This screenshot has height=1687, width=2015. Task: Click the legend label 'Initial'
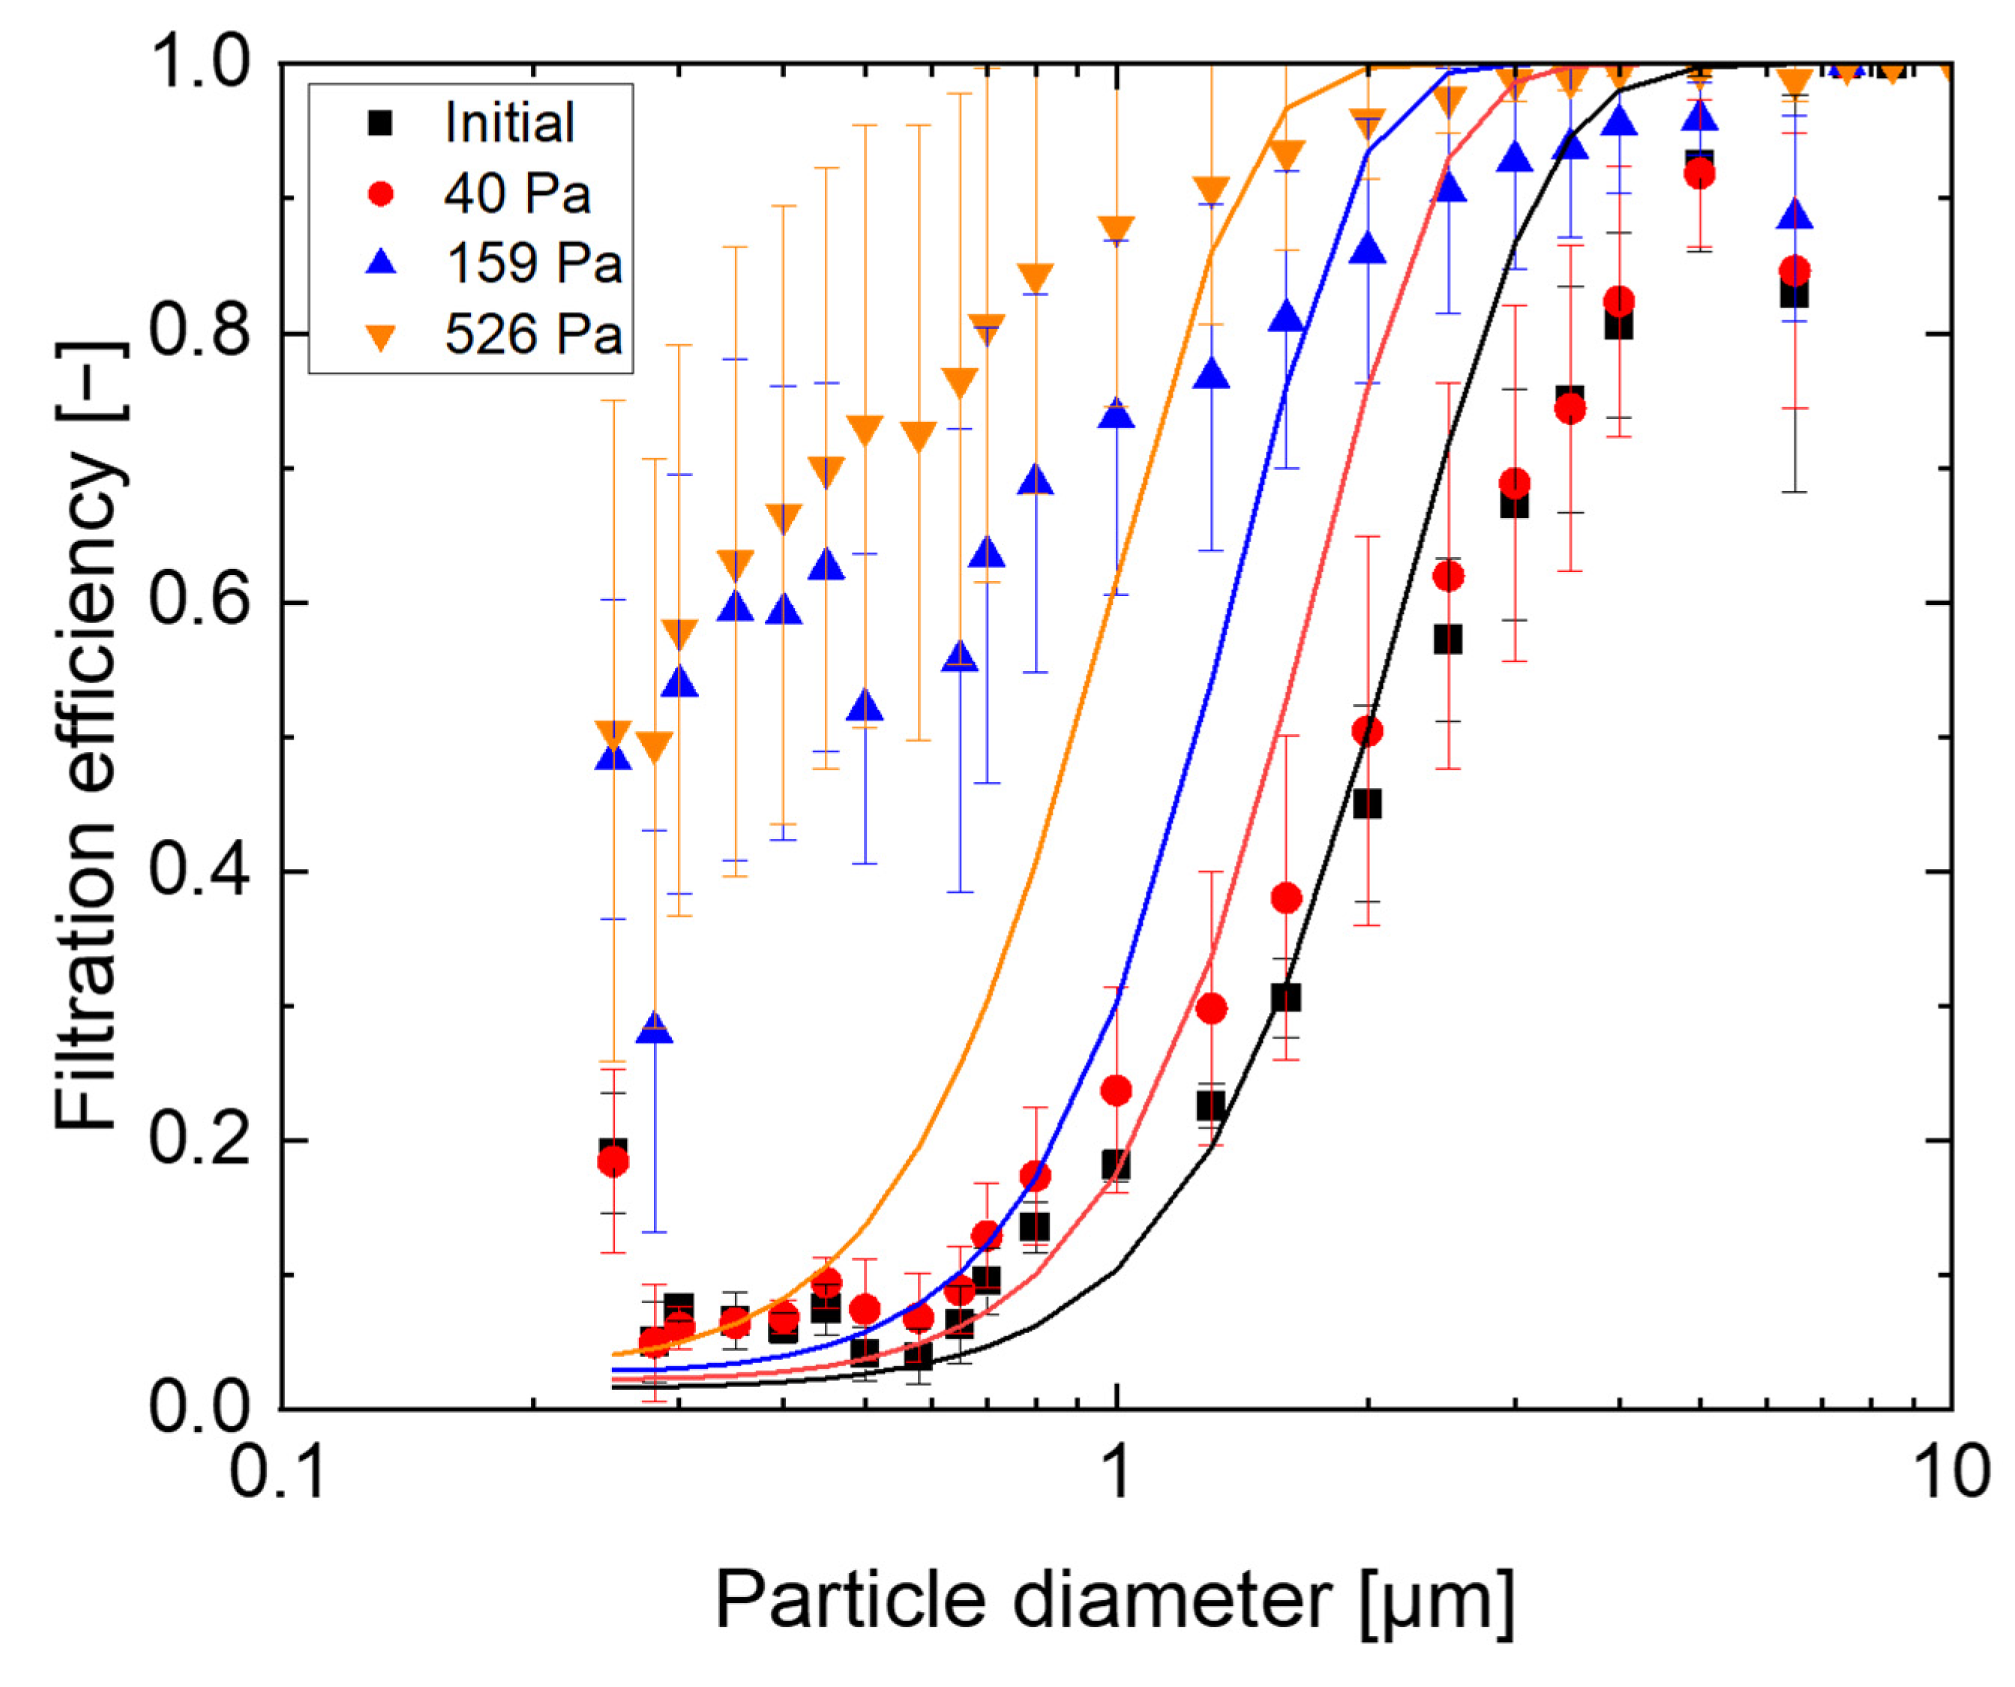(508, 123)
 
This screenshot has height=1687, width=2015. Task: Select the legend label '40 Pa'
(516, 194)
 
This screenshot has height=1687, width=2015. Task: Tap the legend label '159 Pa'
(533, 263)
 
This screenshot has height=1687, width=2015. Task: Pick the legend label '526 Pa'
(533, 335)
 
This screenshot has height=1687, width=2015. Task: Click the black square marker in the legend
(381, 123)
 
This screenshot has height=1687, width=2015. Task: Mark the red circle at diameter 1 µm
(1116, 1091)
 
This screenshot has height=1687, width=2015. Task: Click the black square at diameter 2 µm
(1366, 805)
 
